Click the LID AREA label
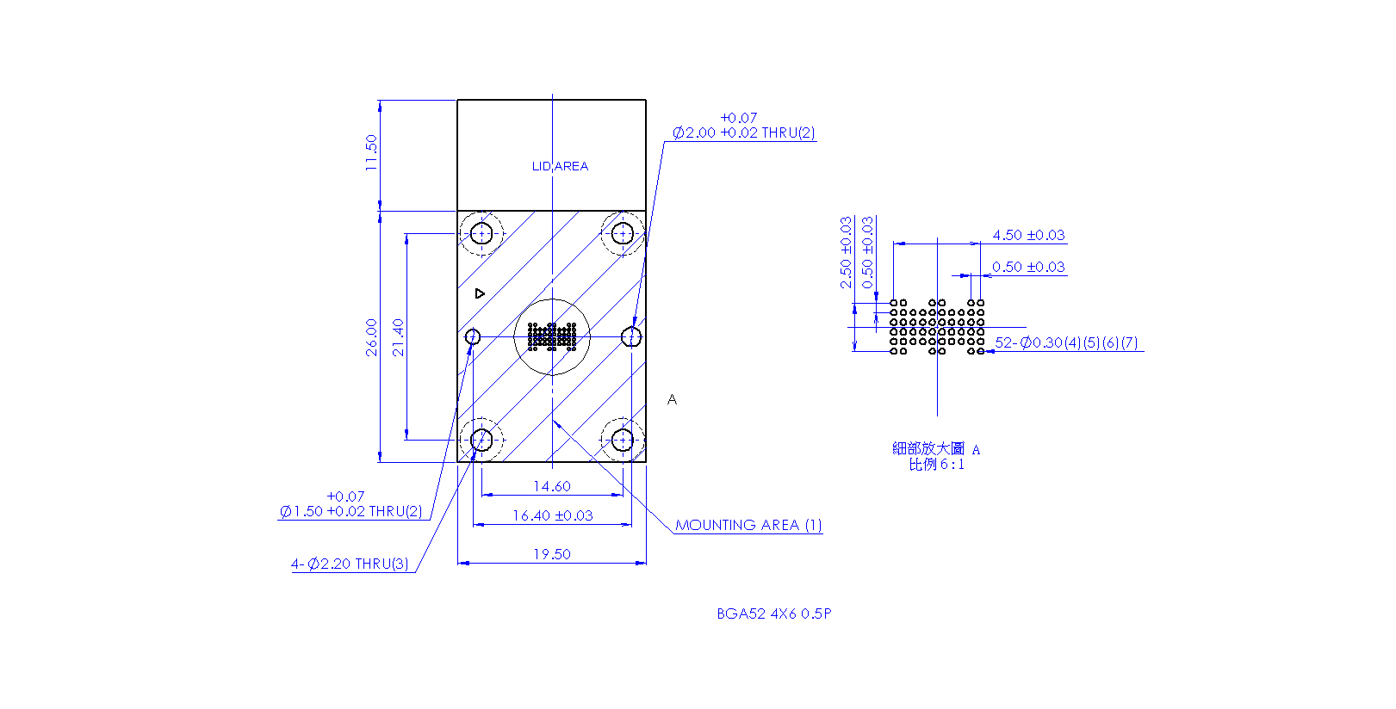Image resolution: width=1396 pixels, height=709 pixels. click(x=560, y=166)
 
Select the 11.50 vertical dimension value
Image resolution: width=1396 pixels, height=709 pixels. click(x=371, y=153)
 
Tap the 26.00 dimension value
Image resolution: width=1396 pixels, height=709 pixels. click(x=371, y=338)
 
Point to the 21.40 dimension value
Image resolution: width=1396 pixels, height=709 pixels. click(x=398, y=338)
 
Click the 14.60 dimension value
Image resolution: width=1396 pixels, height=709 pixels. click(x=552, y=486)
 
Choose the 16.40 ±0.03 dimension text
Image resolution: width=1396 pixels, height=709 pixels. click(x=553, y=515)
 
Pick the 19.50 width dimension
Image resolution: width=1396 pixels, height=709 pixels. click(x=552, y=554)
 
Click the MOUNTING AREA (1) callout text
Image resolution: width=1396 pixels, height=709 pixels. click(x=748, y=526)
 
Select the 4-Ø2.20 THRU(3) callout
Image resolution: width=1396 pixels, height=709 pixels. click(x=350, y=564)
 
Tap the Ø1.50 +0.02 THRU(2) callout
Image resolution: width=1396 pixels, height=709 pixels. click(x=351, y=512)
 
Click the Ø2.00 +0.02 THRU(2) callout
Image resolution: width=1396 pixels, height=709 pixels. click(x=743, y=133)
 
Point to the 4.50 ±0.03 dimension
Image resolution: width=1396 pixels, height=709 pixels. click(x=1029, y=235)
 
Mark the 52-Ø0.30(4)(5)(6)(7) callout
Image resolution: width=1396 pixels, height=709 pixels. click(x=1066, y=343)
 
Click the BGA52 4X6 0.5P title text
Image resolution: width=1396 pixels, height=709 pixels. click(x=774, y=613)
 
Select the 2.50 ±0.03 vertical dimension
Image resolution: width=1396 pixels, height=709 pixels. click(x=846, y=252)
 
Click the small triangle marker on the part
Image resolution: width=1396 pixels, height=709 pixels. click(x=479, y=293)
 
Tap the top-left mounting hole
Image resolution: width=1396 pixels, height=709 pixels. click(x=481, y=233)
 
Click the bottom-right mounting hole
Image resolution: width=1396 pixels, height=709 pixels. click(x=623, y=440)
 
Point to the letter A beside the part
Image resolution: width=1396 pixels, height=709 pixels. click(x=672, y=399)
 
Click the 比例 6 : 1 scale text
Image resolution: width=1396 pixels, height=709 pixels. click(x=937, y=465)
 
